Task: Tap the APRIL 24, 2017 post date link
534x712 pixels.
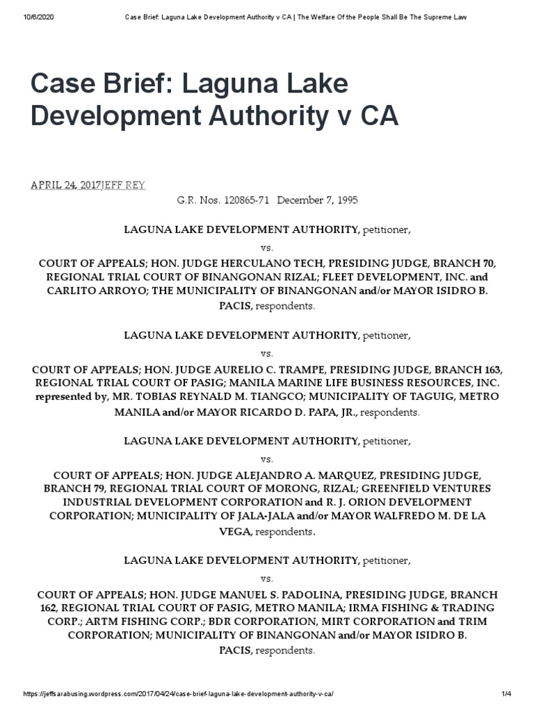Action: coord(66,185)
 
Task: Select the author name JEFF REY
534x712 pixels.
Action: coord(123,185)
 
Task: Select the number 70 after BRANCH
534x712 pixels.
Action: coord(487,264)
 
